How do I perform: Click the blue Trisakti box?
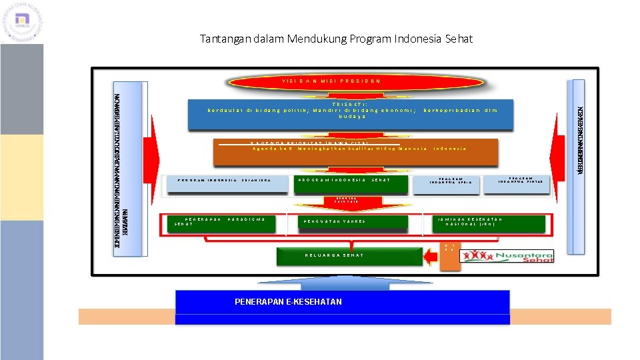point(353,113)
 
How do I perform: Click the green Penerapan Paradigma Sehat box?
point(220,223)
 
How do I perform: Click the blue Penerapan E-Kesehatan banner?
point(342,303)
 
